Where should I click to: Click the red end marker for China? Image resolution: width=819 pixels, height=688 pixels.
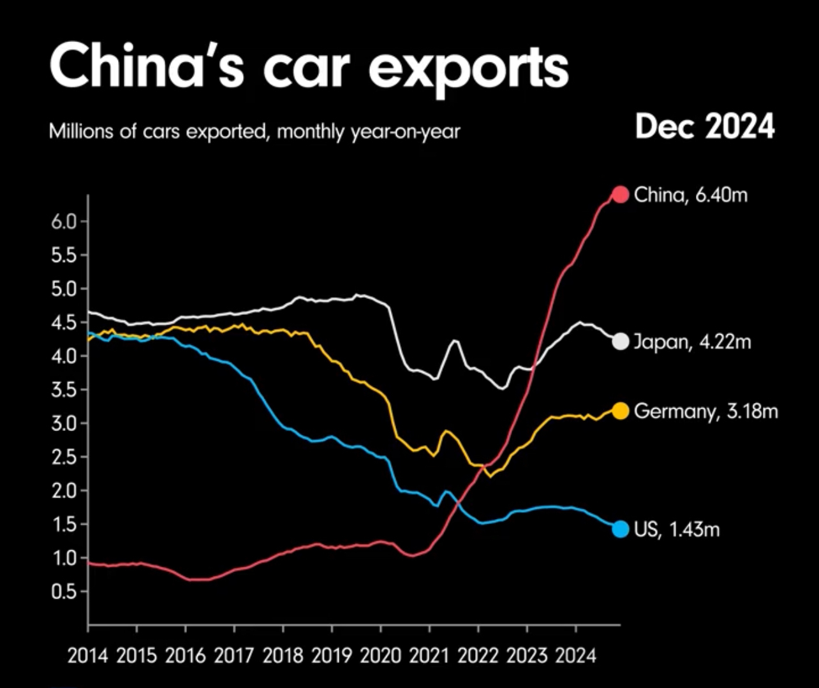click(x=621, y=194)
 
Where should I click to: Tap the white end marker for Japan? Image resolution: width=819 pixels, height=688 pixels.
click(x=620, y=341)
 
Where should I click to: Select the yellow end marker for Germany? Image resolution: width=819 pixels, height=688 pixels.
click(x=621, y=411)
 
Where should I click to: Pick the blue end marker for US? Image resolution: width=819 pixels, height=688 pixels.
click(x=621, y=529)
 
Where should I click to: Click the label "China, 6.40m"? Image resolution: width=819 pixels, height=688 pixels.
click(x=690, y=194)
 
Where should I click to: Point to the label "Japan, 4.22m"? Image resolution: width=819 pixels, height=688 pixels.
click(x=692, y=342)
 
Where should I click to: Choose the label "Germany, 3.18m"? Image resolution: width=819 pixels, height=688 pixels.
click(x=706, y=411)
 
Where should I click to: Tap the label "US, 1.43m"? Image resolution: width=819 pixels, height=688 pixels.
click(x=677, y=529)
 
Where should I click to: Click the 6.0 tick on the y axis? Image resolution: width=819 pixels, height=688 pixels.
click(x=62, y=222)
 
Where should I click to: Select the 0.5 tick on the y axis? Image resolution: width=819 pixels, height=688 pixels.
click(x=62, y=592)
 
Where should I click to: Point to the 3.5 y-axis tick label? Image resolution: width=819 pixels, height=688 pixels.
click(x=62, y=390)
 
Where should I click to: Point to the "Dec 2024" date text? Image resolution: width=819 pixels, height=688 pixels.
click(x=705, y=127)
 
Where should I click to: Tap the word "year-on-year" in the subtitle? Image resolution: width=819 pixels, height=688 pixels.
click(x=405, y=133)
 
